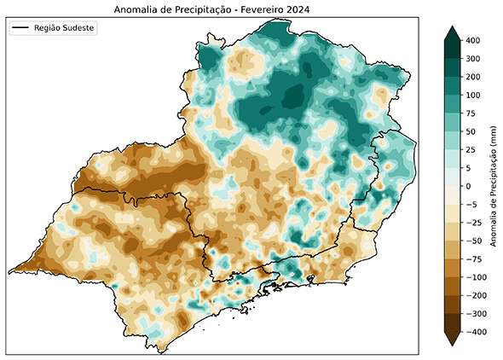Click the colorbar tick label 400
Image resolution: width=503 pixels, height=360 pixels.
(x=473, y=40)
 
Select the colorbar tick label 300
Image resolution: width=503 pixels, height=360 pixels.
(x=473, y=58)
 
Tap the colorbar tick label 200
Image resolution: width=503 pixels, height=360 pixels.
(x=473, y=77)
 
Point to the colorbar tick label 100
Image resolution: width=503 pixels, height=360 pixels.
(x=473, y=95)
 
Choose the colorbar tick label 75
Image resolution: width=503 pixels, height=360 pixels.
(x=471, y=113)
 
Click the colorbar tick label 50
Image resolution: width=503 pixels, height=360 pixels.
(x=471, y=131)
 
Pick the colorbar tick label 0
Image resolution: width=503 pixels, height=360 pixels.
(x=469, y=185)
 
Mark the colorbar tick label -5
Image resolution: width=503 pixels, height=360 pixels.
(x=471, y=204)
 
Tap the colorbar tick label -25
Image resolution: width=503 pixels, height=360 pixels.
(x=473, y=222)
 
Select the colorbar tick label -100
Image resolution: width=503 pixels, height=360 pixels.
(x=476, y=276)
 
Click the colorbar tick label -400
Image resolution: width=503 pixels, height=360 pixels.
(x=476, y=331)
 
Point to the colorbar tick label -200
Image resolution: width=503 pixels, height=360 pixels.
(x=476, y=294)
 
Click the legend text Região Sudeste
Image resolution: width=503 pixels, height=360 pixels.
(x=65, y=28)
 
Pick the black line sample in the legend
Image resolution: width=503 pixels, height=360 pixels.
(x=21, y=28)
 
